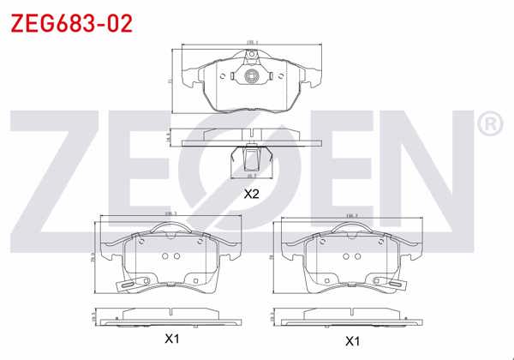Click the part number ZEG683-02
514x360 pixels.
pyautogui.click(x=70, y=23)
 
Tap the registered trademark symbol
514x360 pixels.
pyautogui.click(x=489, y=125)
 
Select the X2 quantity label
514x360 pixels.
pyautogui.click(x=251, y=194)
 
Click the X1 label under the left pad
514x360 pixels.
pyautogui.click(x=172, y=339)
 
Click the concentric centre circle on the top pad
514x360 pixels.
pyautogui.click(x=252, y=76)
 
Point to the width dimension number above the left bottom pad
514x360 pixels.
pyautogui.click(x=170, y=214)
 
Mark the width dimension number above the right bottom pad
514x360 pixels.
pyautogui.click(x=350, y=214)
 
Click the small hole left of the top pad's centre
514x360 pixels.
pyautogui.click(x=223, y=76)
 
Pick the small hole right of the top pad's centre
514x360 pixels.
pyautogui.click(x=281, y=76)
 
